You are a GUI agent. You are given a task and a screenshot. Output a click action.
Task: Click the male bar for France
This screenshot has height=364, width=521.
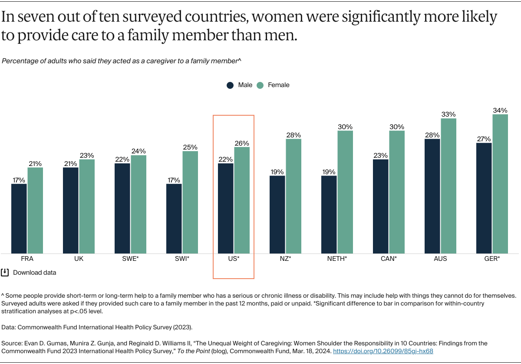click(19, 218)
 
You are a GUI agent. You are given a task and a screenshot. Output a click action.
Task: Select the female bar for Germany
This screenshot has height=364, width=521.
click(500, 184)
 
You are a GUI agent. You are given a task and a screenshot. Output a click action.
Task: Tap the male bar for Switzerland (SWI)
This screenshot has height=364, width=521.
click(174, 218)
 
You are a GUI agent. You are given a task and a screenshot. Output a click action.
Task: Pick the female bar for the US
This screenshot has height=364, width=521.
click(242, 200)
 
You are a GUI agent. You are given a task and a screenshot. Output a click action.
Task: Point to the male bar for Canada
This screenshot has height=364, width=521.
click(381, 206)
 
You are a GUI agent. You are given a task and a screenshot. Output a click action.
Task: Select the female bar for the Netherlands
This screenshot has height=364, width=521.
click(345, 192)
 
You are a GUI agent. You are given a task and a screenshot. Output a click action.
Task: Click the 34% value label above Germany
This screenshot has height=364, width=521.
click(500, 110)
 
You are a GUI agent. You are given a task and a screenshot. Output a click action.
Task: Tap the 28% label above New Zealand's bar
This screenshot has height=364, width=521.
click(293, 135)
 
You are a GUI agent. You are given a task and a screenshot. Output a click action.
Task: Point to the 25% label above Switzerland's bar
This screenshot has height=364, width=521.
click(190, 147)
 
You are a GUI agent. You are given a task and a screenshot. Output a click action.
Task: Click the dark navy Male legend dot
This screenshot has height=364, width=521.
click(231, 85)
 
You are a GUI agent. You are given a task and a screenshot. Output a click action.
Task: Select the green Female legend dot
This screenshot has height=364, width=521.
click(260, 85)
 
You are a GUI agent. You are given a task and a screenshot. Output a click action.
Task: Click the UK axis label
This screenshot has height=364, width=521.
click(79, 259)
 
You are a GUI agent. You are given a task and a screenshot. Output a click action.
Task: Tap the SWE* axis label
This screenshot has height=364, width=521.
click(130, 259)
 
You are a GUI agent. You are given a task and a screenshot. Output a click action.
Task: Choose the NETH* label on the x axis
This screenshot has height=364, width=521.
click(337, 259)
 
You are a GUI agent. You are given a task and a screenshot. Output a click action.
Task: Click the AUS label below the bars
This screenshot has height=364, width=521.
click(440, 259)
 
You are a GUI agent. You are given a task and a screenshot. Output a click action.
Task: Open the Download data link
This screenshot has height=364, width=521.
click(34, 273)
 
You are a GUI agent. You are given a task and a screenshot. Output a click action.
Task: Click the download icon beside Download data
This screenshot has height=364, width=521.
click(5, 273)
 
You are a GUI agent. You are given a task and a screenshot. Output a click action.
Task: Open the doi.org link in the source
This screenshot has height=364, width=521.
click(383, 351)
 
